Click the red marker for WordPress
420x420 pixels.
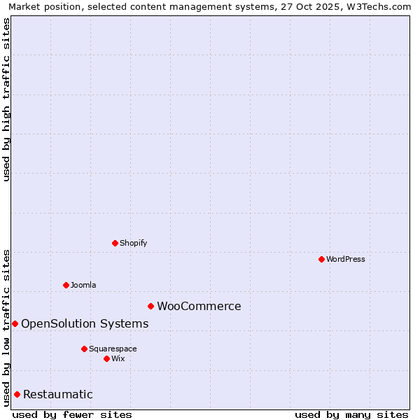(321, 259)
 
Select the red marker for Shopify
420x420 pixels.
(115, 243)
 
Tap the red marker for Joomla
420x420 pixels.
(66, 285)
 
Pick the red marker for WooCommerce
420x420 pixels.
(150, 306)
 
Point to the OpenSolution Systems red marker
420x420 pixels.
(15, 323)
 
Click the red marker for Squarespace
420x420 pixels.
(84, 349)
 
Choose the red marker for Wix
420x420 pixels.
(106, 358)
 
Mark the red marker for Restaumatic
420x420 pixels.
(17, 394)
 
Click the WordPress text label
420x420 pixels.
(346, 259)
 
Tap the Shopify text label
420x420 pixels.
(134, 243)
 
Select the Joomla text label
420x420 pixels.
(83, 285)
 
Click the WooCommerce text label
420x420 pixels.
(199, 306)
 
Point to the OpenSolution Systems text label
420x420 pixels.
(85, 323)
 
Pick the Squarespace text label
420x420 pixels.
(113, 349)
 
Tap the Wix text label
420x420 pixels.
(118, 358)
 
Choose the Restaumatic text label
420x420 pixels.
(58, 394)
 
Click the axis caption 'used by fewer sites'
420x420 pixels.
(72, 414)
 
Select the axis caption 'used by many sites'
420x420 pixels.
(351, 414)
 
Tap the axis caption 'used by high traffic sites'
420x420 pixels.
(6, 99)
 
